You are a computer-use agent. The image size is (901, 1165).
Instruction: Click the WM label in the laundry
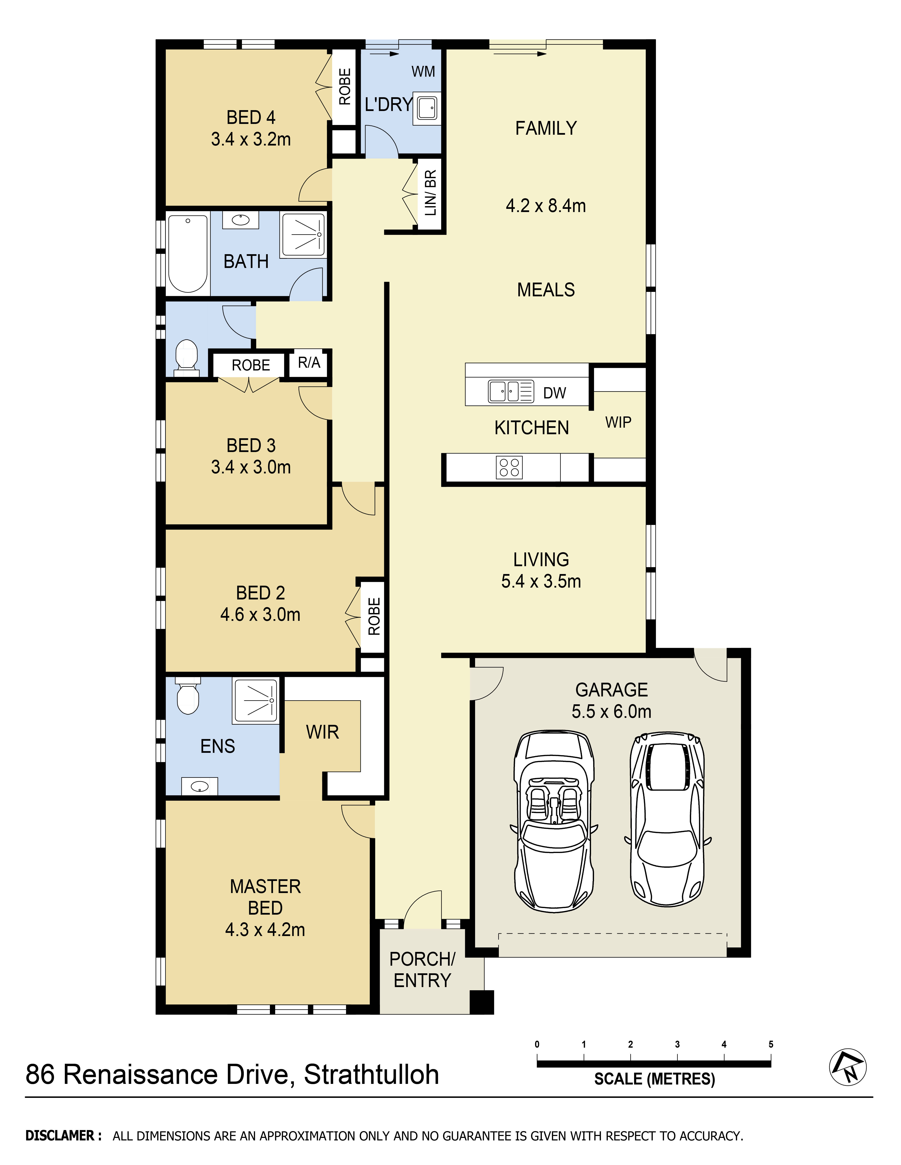coord(423,71)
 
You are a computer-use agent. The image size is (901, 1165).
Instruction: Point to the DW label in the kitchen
coord(555,393)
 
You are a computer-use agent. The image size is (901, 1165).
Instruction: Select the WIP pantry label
coord(618,423)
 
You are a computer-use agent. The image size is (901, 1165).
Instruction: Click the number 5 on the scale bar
coord(771,1044)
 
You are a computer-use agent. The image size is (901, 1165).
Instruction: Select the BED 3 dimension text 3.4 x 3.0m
coord(251,467)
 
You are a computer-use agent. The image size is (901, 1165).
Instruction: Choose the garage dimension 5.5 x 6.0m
coord(612,711)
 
